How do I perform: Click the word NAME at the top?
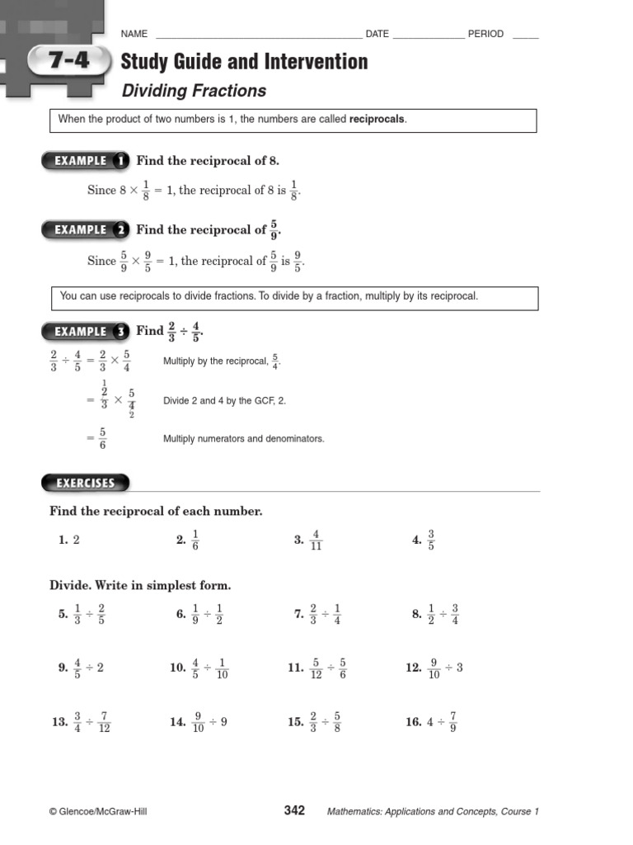(134, 34)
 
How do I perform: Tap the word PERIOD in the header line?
(485, 34)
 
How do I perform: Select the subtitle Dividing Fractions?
(194, 91)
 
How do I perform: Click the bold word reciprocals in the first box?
(377, 120)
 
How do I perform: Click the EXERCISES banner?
(85, 483)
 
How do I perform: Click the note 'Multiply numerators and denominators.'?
(244, 439)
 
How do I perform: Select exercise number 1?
(63, 541)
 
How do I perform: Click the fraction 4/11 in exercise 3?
(316, 541)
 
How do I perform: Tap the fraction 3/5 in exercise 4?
(431, 541)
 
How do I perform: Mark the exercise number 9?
(63, 668)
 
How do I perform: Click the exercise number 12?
(414, 668)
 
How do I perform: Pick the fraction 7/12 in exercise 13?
(104, 722)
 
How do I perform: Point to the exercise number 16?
(414, 722)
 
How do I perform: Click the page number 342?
(294, 810)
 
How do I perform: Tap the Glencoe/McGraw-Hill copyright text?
(98, 812)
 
